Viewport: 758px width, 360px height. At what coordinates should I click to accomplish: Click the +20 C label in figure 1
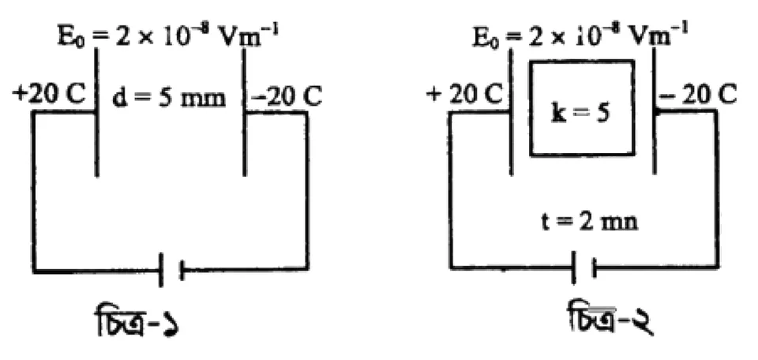click(x=50, y=96)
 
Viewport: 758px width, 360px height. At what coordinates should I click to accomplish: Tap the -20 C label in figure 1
click(x=286, y=97)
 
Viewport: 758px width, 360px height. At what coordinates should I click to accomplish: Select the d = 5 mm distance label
click(x=169, y=98)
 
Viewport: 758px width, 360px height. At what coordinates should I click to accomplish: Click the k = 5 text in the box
click(x=580, y=115)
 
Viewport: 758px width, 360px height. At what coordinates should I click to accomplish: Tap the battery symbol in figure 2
click(x=584, y=266)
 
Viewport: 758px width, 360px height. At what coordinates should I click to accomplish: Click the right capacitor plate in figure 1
click(x=245, y=111)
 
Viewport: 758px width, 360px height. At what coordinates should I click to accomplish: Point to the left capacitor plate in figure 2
click(x=511, y=111)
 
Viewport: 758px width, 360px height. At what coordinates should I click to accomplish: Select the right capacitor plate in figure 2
click(x=655, y=111)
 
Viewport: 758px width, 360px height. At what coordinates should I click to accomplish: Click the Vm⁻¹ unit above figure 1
click(x=250, y=36)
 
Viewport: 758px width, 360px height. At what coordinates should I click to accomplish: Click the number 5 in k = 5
click(x=603, y=115)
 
